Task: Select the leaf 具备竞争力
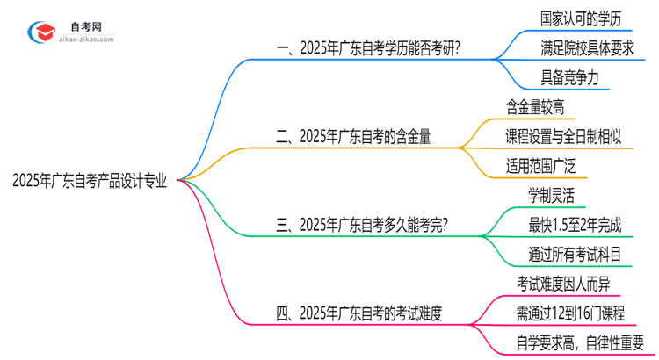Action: pos(569,77)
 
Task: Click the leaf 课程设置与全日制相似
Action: pos(564,136)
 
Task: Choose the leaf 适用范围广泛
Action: pos(541,165)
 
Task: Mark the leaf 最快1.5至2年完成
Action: pos(574,224)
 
